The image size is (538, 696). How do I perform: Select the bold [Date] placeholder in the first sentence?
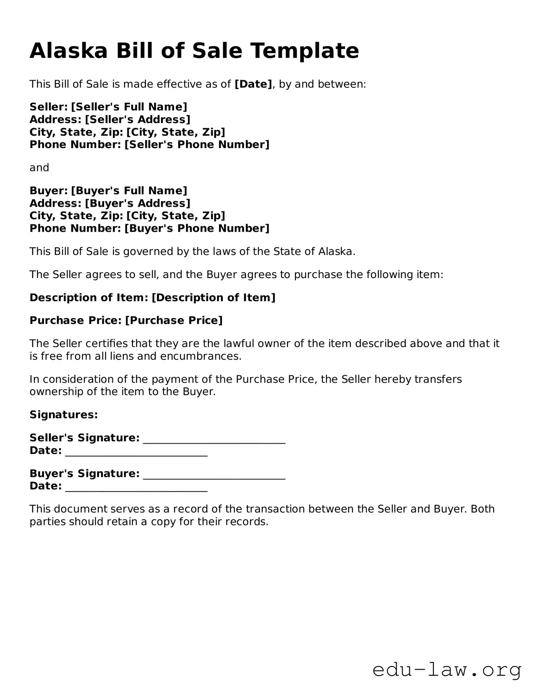[x=253, y=84]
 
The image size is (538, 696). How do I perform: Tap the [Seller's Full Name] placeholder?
[x=129, y=107]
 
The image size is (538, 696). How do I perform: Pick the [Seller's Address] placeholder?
[x=138, y=119]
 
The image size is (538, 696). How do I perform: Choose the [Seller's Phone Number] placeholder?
[x=197, y=144]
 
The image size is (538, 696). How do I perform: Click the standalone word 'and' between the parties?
[x=39, y=168]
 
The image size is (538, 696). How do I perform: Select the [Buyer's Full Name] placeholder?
[x=129, y=190]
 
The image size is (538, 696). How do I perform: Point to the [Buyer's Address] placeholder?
[x=138, y=203]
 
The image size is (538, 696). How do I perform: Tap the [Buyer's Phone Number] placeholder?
[x=197, y=228]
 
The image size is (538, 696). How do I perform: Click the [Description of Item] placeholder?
[x=214, y=297]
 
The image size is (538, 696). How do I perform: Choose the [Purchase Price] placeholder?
[x=174, y=320]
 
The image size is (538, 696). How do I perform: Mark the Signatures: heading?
[x=64, y=414]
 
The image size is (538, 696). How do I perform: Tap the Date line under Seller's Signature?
[x=136, y=452]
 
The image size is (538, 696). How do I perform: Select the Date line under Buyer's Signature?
[x=136, y=488]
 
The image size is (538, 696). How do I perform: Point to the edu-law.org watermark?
[x=447, y=670]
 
